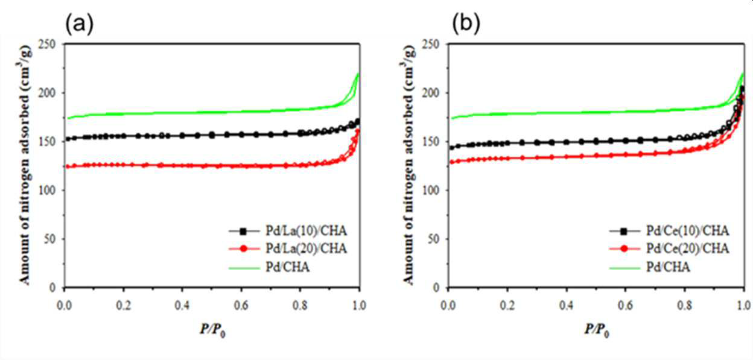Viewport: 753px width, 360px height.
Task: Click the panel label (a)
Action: (79, 25)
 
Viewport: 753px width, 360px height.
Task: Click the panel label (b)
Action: (466, 25)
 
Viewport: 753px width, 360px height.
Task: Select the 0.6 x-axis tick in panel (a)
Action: (241, 305)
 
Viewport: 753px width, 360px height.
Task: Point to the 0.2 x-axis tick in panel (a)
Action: (123, 305)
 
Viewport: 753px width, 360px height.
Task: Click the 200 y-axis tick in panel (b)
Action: (430, 93)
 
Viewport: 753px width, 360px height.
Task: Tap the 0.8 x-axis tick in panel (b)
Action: (684, 305)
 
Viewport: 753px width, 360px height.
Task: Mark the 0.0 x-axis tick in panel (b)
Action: (448, 305)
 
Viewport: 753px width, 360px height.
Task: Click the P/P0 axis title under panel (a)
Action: (212, 330)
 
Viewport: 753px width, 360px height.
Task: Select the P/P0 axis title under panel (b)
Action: (597, 330)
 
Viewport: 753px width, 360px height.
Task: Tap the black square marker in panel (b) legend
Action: (624, 231)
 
